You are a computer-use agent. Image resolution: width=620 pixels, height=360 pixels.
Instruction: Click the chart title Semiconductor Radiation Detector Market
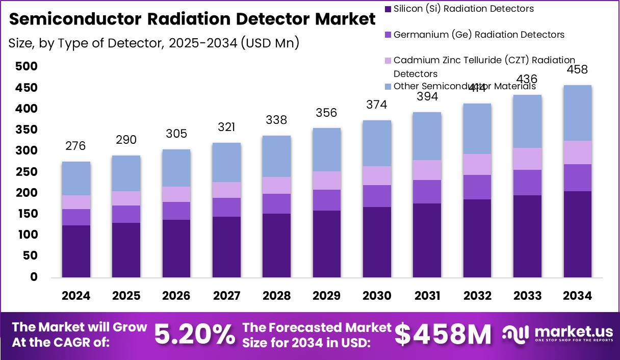click(x=192, y=19)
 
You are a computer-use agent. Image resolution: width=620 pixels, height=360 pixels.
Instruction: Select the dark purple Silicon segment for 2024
click(x=76, y=251)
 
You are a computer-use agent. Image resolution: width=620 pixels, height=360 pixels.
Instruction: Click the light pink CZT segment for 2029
click(x=327, y=181)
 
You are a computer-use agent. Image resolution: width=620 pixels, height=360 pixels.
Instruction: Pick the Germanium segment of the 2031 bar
click(x=427, y=192)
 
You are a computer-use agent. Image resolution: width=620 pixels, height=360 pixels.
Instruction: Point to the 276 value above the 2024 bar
click(x=75, y=146)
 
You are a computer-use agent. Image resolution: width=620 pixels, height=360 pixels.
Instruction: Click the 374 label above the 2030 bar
click(x=377, y=105)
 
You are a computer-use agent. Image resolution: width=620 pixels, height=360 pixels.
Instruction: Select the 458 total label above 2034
click(x=577, y=69)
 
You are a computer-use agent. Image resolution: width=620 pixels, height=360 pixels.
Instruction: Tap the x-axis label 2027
click(x=226, y=296)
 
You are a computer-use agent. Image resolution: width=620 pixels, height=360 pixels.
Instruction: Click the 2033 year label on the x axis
click(x=527, y=296)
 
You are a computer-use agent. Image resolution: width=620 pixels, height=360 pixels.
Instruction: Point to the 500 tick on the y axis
click(x=26, y=66)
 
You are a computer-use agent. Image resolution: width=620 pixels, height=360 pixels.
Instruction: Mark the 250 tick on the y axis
click(x=26, y=172)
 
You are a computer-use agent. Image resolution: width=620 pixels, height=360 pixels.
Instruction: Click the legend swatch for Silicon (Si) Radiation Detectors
click(x=387, y=9)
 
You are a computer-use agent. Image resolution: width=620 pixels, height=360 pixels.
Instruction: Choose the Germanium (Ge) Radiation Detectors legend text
click(x=479, y=35)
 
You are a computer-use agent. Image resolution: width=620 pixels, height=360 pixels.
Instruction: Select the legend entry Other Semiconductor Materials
click(x=464, y=86)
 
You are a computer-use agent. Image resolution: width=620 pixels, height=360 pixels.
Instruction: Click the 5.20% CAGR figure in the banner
click(x=194, y=335)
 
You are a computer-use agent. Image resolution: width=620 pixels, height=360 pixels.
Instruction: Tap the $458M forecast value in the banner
click(x=443, y=335)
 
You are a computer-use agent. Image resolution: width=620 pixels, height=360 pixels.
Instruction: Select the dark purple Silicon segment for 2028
click(x=276, y=245)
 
